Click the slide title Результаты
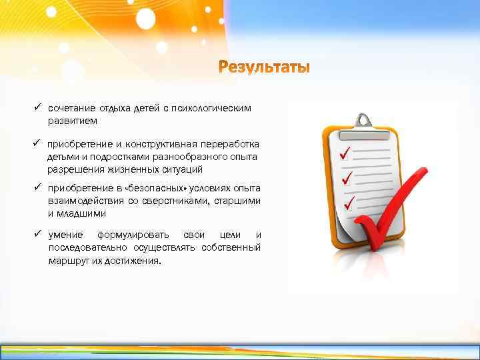click(264, 67)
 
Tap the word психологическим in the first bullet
click(216, 109)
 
